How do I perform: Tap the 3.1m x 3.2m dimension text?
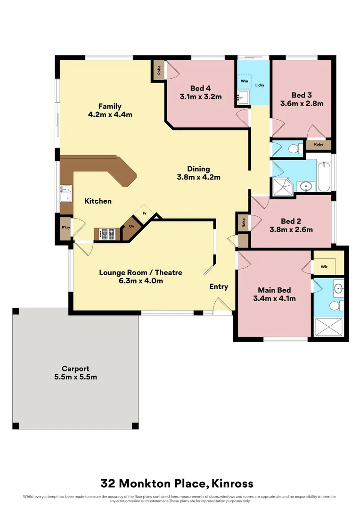coord(200,97)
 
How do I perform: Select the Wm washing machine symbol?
coord(244,81)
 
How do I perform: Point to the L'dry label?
coord(259,86)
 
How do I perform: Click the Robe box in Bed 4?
coord(159,70)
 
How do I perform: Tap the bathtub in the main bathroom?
coord(325,177)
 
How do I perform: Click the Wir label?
coord(324,267)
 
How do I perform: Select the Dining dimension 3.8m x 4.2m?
coord(198,177)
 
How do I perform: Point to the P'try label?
coord(65,227)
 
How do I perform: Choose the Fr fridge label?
coord(144,214)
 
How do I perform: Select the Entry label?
coord(219,287)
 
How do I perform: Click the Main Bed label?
coord(274,290)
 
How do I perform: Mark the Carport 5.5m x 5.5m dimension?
coord(75,377)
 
